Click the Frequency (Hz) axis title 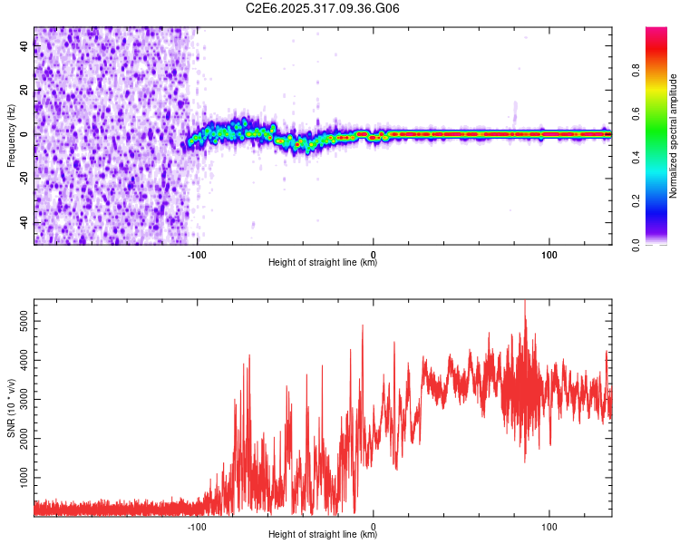[x=11, y=136]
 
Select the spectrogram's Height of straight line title [x=323, y=263]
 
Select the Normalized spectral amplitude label [x=674, y=136]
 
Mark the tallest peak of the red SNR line [x=525, y=302]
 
